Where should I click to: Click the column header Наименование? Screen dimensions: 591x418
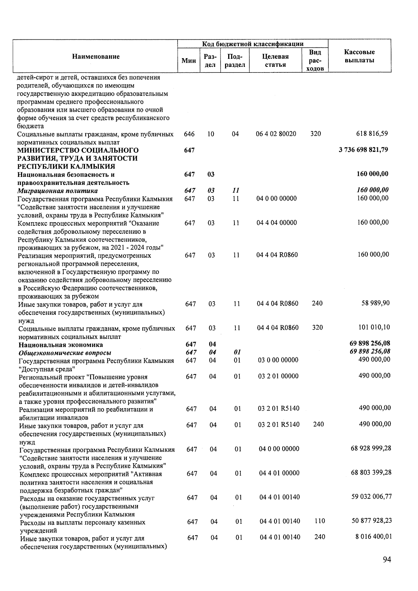tap(96, 56)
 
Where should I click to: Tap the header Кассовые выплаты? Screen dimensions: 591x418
tap(359, 56)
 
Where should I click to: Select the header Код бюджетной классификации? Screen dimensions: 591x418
tap(253, 44)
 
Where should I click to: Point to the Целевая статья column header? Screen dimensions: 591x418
tap(275, 60)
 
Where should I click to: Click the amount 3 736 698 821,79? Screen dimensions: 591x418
tap(363, 150)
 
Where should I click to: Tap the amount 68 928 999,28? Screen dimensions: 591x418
tap(371, 448)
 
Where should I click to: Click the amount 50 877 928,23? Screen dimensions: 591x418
tap(371, 521)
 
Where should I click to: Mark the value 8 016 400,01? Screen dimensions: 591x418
tap(373, 537)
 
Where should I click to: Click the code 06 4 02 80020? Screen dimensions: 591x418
tap(276, 134)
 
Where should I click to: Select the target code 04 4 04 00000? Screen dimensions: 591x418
tap(277, 223)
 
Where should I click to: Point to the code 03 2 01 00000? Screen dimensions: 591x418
tap(278, 376)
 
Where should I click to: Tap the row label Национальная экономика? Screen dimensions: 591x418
tap(61, 345)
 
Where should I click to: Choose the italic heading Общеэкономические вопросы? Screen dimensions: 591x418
tap(65, 353)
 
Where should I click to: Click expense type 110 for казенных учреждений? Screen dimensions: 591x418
tap(319, 521)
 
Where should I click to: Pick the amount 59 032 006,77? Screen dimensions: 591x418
tap(371, 496)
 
